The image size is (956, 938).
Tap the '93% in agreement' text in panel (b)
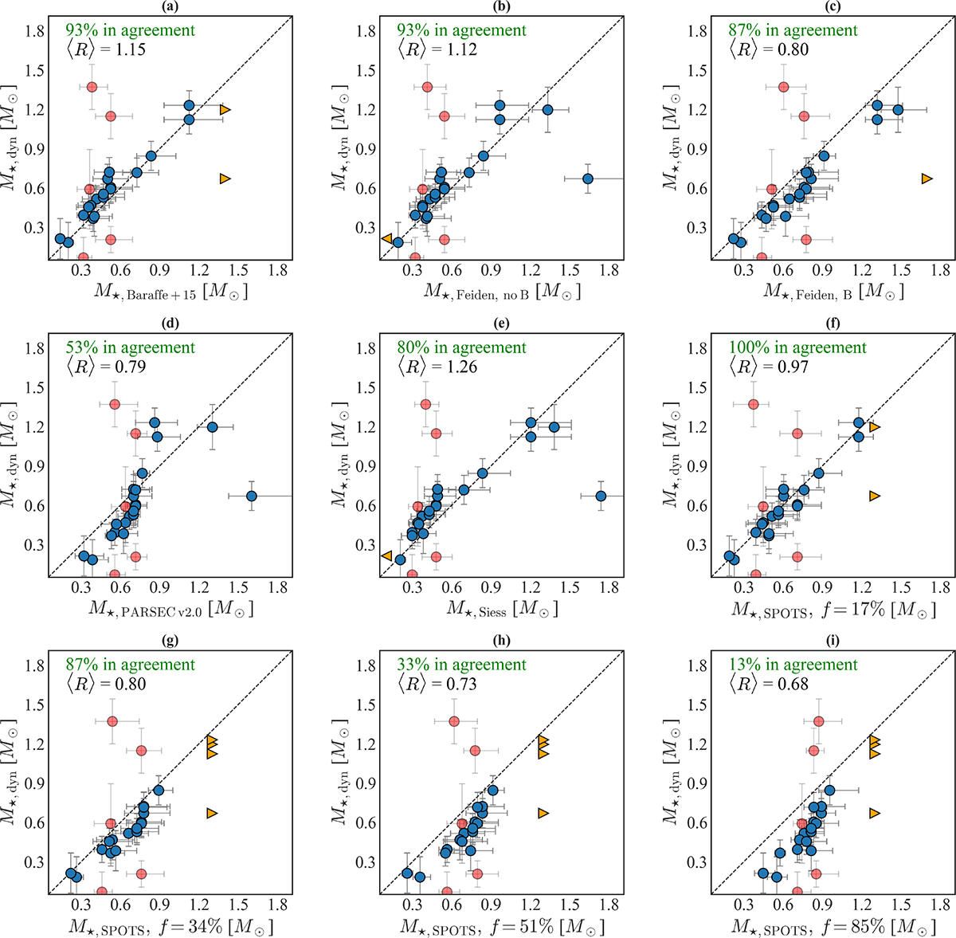click(461, 30)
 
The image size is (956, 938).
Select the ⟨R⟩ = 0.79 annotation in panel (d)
click(108, 367)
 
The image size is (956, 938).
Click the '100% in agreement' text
click(797, 347)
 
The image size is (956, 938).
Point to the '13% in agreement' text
click(793, 665)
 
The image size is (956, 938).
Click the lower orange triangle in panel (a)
click(225, 179)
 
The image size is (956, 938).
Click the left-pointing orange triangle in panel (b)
click(386, 237)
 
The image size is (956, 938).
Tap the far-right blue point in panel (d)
click(251, 496)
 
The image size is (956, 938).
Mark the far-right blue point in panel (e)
click(601, 496)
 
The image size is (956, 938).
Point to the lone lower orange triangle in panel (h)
click(543, 813)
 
